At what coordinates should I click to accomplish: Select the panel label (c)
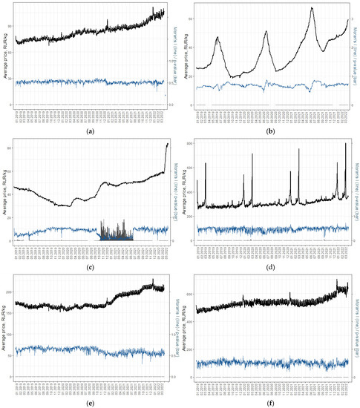pos(90,266)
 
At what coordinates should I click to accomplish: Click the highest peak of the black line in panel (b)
pos(312,8)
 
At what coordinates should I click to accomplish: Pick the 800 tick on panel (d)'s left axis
pos(189,142)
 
